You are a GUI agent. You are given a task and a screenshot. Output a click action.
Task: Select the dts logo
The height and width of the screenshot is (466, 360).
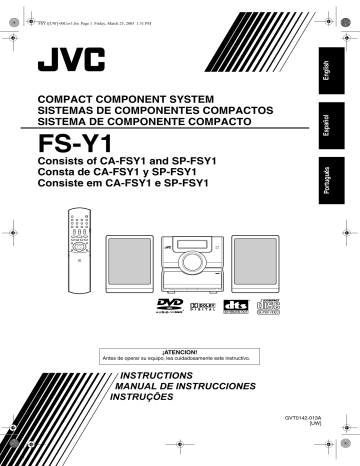237,307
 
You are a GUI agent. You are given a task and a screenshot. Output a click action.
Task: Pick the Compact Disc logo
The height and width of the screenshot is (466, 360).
268,307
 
